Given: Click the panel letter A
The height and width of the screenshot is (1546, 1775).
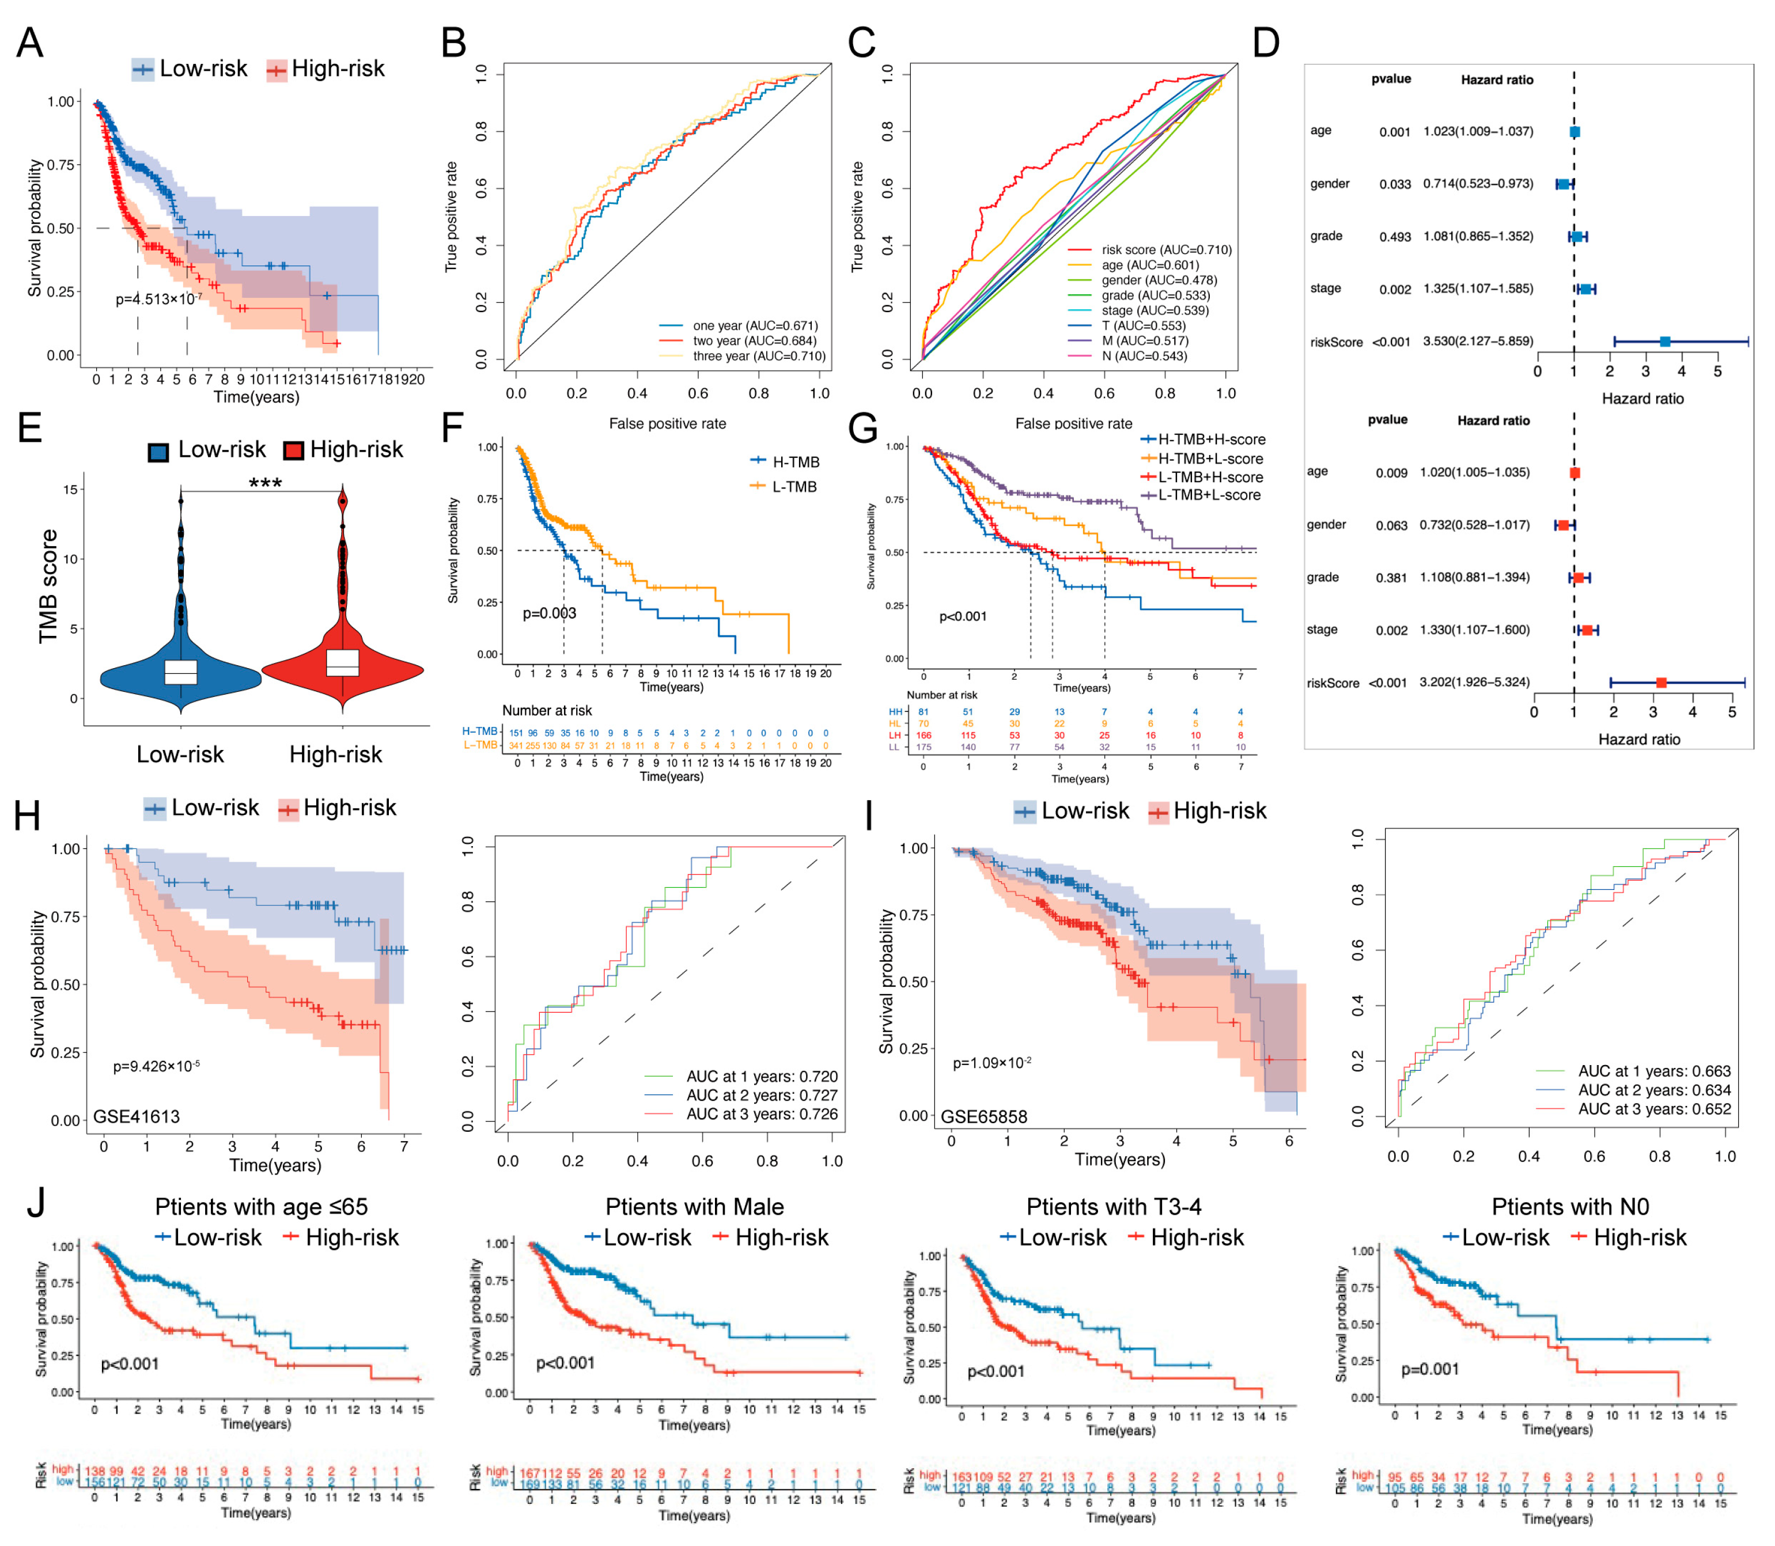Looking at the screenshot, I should tap(29, 42).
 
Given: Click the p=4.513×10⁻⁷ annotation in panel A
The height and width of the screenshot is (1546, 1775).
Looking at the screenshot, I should tap(159, 300).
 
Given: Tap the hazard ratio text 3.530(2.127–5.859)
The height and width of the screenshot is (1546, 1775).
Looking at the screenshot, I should tap(1477, 341).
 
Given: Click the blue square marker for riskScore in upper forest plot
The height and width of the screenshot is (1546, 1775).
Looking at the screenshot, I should tap(1664, 342).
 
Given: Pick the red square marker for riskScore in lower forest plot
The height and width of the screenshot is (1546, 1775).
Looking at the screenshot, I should tap(1660, 683).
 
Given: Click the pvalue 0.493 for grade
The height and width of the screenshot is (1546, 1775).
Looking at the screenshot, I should tap(1394, 236).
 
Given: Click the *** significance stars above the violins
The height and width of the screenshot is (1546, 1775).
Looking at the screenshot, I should tap(265, 483).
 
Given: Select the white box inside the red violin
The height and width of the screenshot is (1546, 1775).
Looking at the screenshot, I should tap(343, 662).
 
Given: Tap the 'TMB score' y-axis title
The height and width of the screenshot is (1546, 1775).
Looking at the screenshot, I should tap(48, 586).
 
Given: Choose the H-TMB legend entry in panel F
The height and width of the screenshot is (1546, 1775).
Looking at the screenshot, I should tap(794, 463).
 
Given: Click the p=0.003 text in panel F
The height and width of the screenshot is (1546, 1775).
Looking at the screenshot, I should tap(549, 613).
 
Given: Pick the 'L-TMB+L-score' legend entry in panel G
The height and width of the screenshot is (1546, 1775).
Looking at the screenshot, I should tap(1208, 495).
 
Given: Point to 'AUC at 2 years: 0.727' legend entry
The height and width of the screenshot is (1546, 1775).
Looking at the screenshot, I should tap(761, 1096).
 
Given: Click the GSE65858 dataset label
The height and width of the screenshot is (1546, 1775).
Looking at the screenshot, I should tap(984, 1117).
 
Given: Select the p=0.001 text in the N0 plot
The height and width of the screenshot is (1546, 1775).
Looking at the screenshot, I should tap(1430, 1369).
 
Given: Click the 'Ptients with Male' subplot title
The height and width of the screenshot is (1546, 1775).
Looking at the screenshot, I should tap(695, 1206).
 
